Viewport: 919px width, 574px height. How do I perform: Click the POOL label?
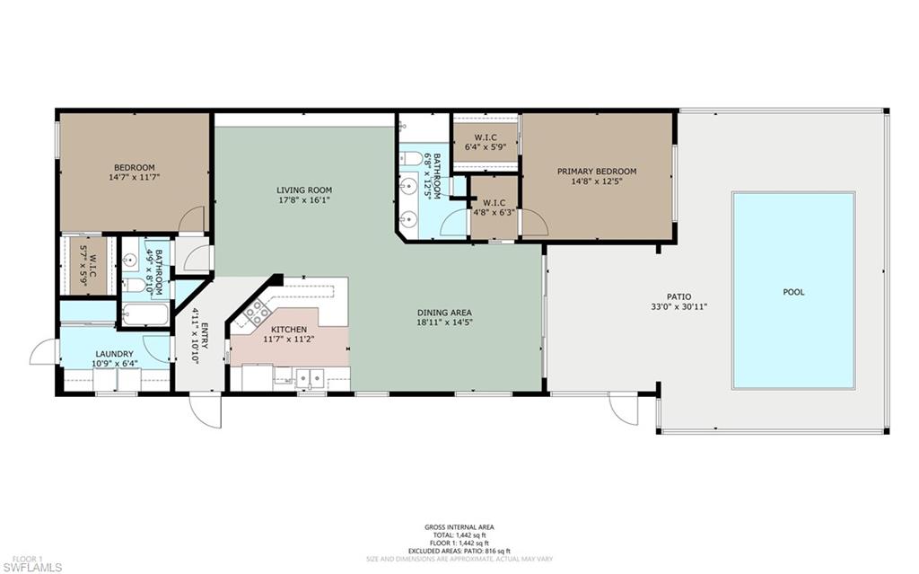793,292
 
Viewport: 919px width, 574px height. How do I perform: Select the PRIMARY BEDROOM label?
597,172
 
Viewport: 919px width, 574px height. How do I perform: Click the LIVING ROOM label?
304,190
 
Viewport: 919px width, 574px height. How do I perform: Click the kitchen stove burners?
256,312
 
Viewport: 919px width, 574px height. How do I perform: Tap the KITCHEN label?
290,330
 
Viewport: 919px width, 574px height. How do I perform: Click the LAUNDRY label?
114,354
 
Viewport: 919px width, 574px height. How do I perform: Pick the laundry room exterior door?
43,352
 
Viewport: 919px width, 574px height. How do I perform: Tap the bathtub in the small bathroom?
144,314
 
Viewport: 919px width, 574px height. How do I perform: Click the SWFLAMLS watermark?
33,566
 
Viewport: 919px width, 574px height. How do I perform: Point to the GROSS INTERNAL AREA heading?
459,527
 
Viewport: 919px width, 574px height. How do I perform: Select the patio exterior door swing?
622,409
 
